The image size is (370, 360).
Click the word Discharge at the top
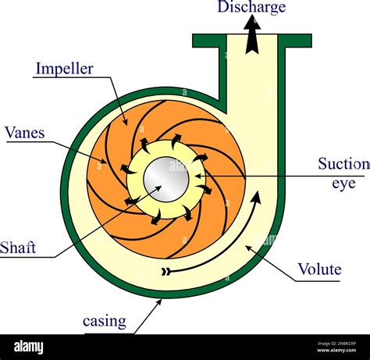tap(251, 8)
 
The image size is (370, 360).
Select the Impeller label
tap(64, 69)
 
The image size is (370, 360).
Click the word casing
tap(105, 321)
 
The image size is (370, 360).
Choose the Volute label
tap(319, 269)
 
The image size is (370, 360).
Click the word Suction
tap(343, 164)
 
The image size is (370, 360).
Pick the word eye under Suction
tap(343, 184)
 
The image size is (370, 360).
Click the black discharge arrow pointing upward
tap(251, 35)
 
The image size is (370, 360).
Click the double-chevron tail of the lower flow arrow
tap(165, 272)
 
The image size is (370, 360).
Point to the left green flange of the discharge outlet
tap(209, 41)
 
